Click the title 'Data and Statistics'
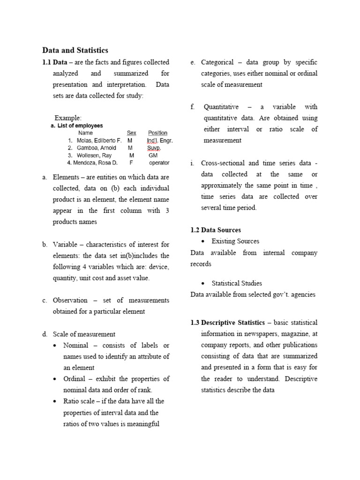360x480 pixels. point(75,50)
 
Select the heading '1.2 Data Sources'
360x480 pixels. point(216,230)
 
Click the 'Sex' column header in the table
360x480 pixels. point(131,133)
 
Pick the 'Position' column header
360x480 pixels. point(157,133)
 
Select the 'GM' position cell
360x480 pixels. point(153,155)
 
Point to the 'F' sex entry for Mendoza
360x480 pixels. point(131,163)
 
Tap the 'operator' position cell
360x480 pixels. point(159,163)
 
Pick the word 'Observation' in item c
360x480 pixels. point(70,300)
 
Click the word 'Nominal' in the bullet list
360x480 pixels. point(75,345)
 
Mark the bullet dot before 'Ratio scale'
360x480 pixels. point(55,402)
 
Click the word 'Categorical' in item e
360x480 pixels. point(217,62)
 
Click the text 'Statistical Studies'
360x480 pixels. point(237,283)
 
